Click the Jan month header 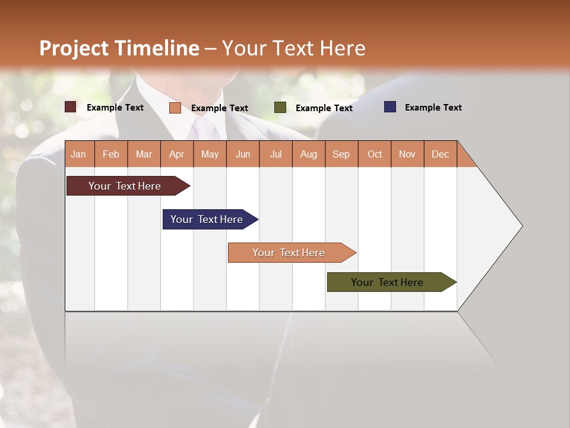(79, 154)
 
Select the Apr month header (177, 154)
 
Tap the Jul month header (275, 154)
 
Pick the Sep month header (341, 154)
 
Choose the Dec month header (440, 154)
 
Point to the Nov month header (407, 154)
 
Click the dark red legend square (71, 107)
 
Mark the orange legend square (175, 108)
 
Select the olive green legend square (280, 107)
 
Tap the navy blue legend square (390, 107)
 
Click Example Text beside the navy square (433, 107)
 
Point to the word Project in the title (74, 48)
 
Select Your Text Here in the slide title (293, 48)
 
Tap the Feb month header (111, 154)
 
